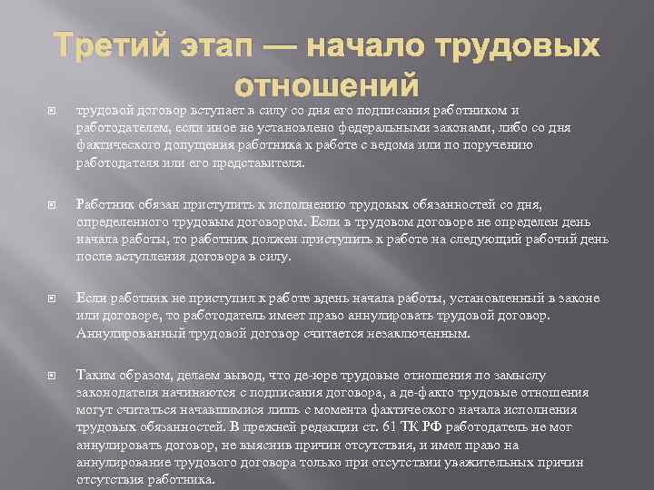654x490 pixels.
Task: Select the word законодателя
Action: pos(115,392)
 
